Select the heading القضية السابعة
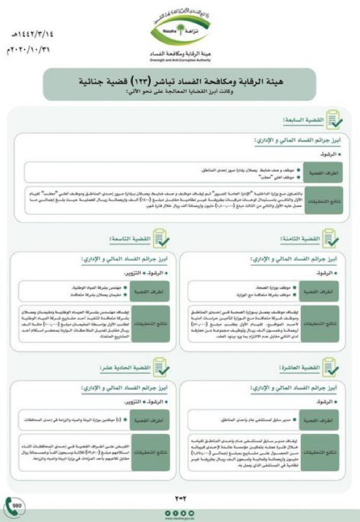pyautogui.click(x=304, y=121)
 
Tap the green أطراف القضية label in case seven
pyautogui.click(x=329, y=172)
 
